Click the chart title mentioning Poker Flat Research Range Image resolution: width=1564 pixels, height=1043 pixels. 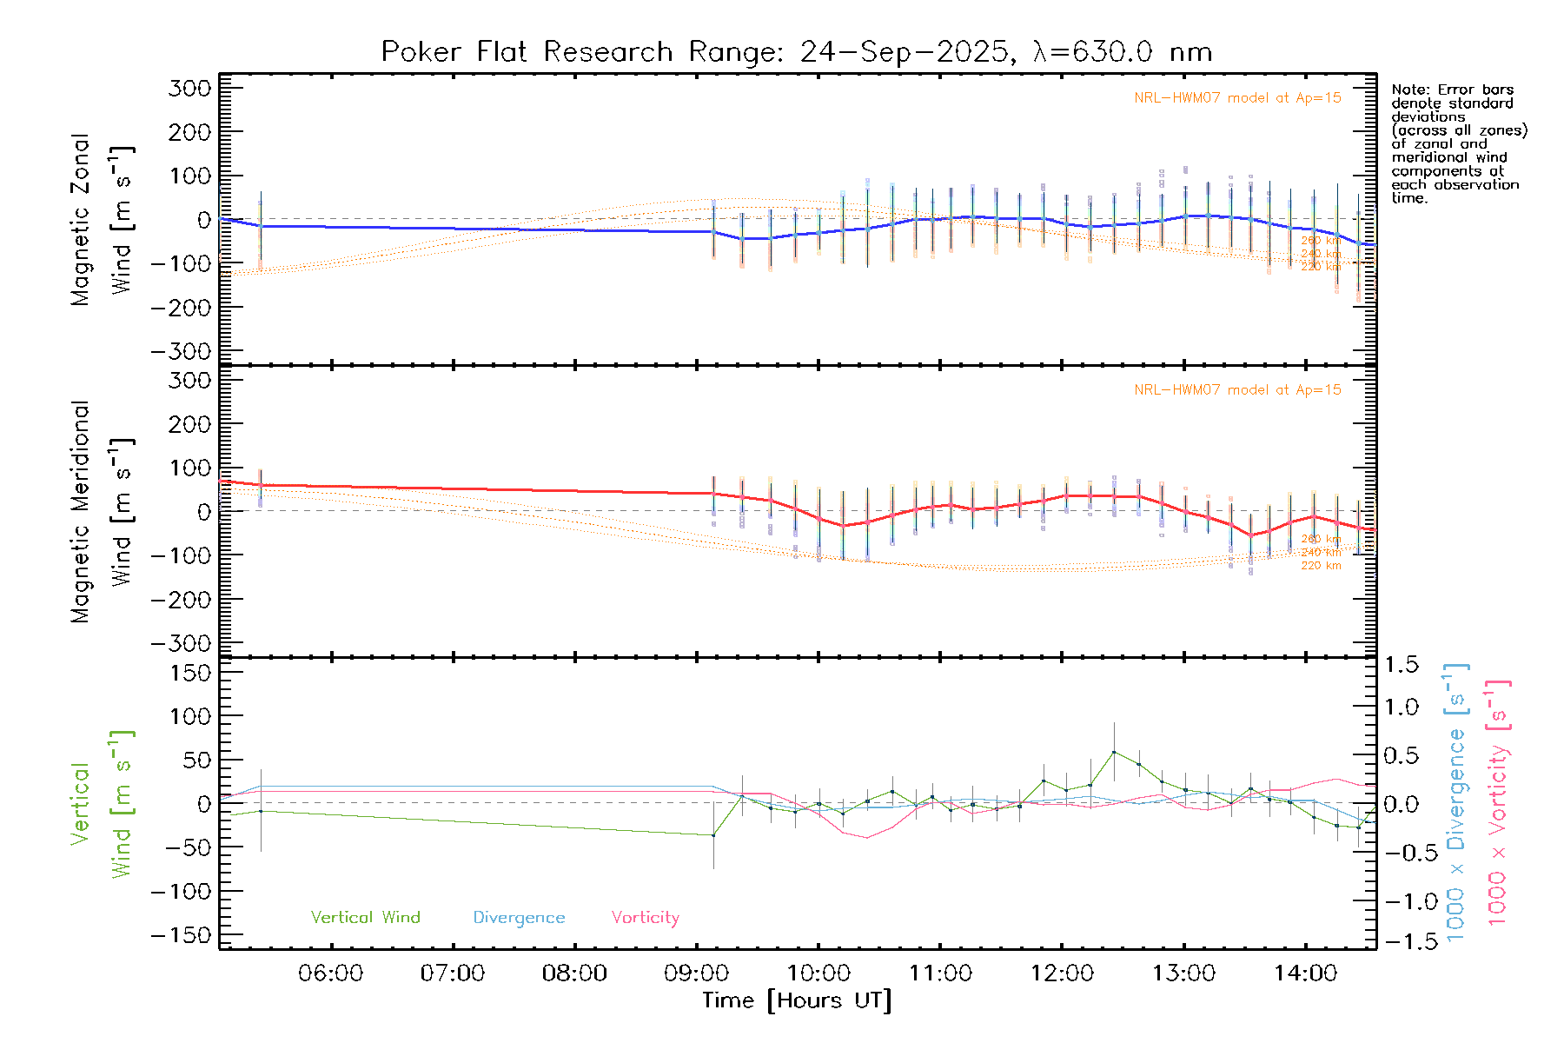(x=796, y=52)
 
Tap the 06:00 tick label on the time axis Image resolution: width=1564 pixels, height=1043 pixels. (x=330, y=973)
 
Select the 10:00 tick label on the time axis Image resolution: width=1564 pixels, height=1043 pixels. (x=818, y=973)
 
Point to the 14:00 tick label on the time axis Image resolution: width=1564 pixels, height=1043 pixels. (x=1305, y=973)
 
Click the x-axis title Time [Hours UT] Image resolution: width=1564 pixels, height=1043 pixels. (x=797, y=1000)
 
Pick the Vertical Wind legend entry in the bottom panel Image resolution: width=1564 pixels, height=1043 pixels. (x=365, y=917)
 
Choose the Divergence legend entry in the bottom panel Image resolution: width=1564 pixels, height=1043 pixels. (x=519, y=918)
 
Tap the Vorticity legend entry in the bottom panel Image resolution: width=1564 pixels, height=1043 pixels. (x=645, y=917)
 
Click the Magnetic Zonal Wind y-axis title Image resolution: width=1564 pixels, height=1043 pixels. (x=102, y=219)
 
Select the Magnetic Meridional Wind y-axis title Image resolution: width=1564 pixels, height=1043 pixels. (x=102, y=511)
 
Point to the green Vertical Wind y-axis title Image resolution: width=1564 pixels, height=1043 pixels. (x=102, y=803)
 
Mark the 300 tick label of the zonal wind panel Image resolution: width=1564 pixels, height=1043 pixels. (x=189, y=88)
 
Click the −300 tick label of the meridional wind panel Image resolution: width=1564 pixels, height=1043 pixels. (x=182, y=643)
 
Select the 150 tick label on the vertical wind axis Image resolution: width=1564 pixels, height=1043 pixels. (x=189, y=673)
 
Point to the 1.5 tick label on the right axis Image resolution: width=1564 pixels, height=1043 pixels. (x=1401, y=665)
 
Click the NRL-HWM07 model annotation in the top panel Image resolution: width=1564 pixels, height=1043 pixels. (x=1237, y=98)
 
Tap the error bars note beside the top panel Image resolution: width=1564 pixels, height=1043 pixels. (x=1459, y=143)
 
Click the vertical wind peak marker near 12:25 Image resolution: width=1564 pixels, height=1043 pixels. (x=1114, y=752)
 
